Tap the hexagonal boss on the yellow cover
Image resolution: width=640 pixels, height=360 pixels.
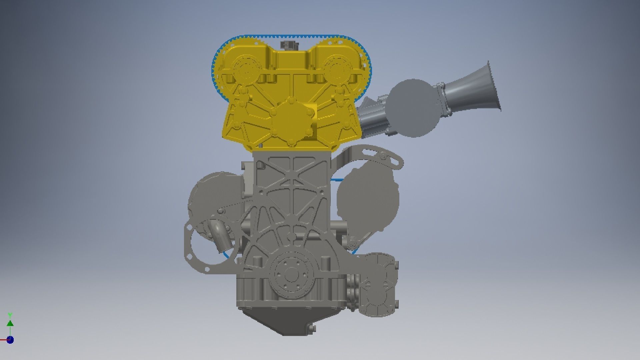pyautogui.click(x=291, y=122)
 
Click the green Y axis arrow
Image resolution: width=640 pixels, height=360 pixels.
pyautogui.click(x=10, y=323)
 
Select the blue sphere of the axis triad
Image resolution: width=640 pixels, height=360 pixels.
pyautogui.click(x=10, y=340)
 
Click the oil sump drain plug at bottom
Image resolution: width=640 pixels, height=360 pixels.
pyautogui.click(x=312, y=328)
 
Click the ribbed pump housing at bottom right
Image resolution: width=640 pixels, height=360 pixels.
pyautogui.click(x=380, y=287)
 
